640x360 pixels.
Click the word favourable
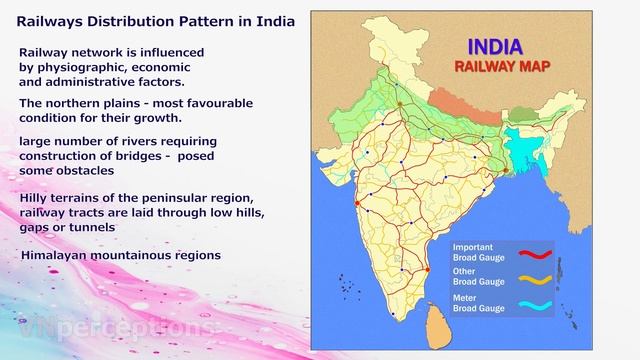(x=219, y=103)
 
